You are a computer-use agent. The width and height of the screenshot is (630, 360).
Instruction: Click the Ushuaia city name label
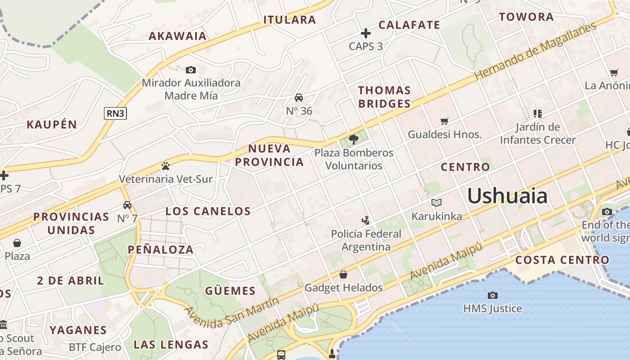point(507,196)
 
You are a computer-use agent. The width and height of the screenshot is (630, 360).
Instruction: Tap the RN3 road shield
point(115,113)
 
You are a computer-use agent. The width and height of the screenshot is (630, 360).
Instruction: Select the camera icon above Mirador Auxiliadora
point(191,70)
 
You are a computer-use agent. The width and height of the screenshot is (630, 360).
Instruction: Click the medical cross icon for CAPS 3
point(366,33)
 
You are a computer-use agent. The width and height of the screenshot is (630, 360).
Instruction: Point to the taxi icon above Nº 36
point(299,98)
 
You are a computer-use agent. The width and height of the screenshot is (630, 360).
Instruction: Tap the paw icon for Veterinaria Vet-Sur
point(165,166)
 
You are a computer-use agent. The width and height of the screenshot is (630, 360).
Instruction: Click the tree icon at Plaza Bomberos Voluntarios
point(354,139)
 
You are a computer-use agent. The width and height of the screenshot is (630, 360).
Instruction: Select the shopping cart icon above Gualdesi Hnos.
point(445,121)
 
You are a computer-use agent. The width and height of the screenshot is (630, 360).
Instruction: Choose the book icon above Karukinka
point(436,203)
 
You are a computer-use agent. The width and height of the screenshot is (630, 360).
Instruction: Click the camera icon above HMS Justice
point(493,295)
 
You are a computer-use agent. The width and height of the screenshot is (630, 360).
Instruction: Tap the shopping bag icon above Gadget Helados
point(343,274)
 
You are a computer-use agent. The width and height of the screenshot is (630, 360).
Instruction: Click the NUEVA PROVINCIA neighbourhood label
point(270,155)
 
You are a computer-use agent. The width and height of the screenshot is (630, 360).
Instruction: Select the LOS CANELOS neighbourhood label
point(208,211)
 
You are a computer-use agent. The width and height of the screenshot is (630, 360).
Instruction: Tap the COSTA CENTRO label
point(562,260)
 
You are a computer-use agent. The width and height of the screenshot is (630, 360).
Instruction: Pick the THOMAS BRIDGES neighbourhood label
point(384,97)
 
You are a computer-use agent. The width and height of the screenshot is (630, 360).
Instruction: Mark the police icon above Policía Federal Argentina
point(366,220)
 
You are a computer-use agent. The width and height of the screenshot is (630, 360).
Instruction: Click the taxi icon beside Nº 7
point(127,205)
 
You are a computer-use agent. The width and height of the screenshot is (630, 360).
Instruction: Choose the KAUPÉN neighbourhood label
point(52,125)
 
